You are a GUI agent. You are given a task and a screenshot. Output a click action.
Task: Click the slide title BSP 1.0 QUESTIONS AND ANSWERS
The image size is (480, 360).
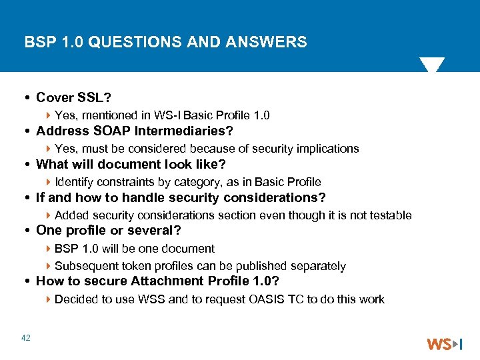166,43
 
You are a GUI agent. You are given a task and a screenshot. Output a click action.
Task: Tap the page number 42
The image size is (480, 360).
26,339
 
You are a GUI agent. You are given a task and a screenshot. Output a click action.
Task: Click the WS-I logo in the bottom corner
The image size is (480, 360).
444,344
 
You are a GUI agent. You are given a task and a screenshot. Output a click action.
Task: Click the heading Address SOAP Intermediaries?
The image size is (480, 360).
134,131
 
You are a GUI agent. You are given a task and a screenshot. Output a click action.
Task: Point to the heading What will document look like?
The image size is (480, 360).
131,165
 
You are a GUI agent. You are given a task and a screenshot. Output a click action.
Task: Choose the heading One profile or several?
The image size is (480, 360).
108,231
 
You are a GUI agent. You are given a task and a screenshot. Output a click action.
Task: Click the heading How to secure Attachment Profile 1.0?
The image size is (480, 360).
157,281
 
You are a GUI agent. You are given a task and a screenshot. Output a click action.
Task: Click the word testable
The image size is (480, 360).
390,215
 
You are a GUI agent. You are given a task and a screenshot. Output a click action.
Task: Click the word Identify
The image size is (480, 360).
73,182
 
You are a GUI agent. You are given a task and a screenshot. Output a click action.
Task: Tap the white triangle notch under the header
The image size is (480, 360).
431,65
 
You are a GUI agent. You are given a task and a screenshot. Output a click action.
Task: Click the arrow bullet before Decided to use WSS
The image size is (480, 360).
50,299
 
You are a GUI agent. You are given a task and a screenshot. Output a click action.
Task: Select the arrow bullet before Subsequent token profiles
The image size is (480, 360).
50,266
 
